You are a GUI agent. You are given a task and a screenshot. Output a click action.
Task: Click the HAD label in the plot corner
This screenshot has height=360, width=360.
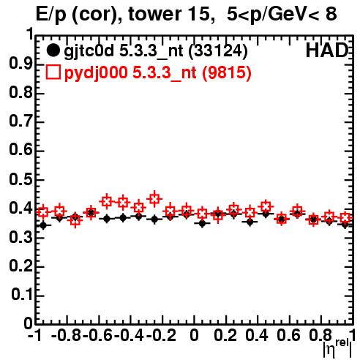tap(327, 50)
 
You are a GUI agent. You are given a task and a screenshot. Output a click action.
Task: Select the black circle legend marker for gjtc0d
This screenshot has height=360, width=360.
tap(53, 50)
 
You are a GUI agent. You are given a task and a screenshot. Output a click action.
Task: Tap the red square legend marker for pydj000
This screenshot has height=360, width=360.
tap(53, 72)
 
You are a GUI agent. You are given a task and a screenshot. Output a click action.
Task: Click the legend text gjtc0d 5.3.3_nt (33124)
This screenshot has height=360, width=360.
tap(156, 51)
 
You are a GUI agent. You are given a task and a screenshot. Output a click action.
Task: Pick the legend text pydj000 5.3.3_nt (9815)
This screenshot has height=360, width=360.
tap(158, 73)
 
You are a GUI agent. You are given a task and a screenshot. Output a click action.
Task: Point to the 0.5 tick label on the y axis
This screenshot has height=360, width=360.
tap(21, 179)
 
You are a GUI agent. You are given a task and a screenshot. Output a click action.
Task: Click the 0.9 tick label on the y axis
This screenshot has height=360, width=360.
tap(21, 64)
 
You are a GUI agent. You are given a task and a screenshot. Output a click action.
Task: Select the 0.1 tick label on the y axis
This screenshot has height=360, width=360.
tap(22, 295)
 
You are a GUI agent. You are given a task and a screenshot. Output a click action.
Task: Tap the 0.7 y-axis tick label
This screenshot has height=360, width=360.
tap(21, 121)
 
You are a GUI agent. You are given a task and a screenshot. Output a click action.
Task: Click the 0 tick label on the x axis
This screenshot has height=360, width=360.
tap(194, 335)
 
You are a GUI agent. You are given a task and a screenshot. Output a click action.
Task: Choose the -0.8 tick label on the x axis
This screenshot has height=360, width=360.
tap(67, 335)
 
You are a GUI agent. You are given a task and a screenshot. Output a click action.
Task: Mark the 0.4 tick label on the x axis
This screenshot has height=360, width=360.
tap(257, 335)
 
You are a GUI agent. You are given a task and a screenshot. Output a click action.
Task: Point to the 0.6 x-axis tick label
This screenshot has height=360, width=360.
tap(288, 335)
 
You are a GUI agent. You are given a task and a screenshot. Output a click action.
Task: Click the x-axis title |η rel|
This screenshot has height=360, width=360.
tap(337, 349)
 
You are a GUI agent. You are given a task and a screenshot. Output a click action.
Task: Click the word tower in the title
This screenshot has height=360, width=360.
tap(154, 14)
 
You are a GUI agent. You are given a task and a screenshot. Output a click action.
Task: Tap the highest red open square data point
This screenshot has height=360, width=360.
tap(154, 198)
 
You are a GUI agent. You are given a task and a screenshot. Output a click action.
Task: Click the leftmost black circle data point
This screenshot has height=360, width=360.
tap(43, 225)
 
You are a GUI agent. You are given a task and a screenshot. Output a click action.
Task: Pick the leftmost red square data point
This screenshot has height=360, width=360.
tap(43, 212)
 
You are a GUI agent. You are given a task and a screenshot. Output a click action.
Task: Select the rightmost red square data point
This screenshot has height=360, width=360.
tap(345, 218)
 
